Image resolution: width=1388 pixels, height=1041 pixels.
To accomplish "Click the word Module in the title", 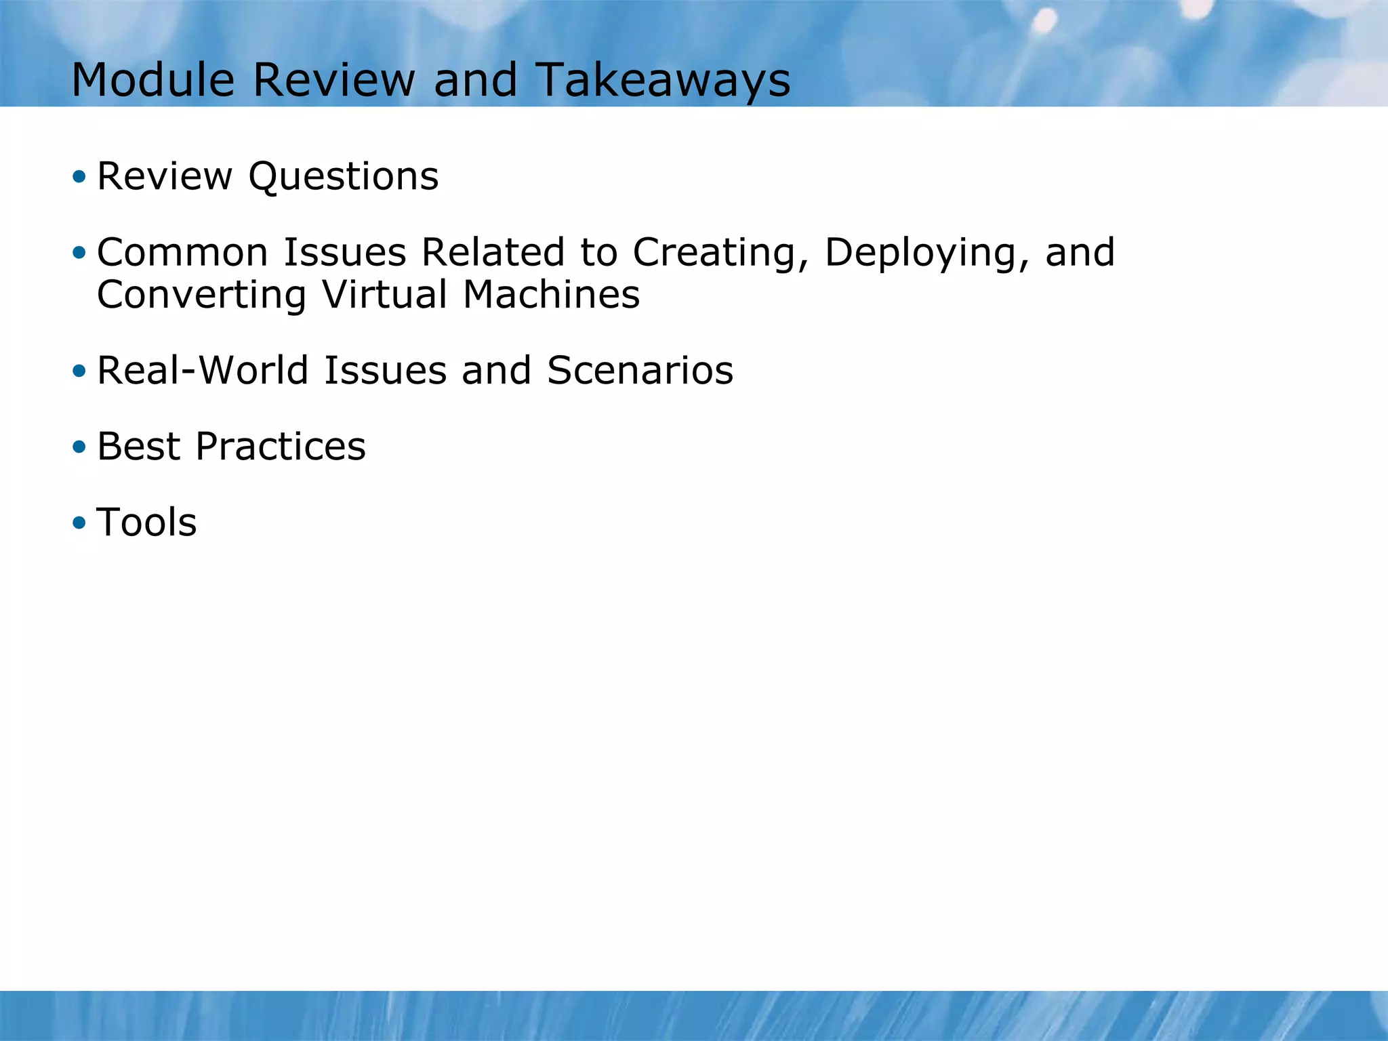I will [152, 80].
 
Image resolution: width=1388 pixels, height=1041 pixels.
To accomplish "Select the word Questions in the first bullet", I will [343, 176].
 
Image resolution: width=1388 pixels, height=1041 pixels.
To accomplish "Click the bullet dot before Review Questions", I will [79, 177].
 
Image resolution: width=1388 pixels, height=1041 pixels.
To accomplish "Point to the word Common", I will [183, 252].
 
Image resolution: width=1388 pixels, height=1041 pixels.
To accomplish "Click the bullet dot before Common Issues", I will [79, 253].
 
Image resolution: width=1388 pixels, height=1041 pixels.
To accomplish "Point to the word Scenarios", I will [640, 371].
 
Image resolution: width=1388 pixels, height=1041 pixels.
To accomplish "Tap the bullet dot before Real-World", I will [79, 371].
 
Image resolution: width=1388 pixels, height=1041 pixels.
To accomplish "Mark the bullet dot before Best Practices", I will [79, 447].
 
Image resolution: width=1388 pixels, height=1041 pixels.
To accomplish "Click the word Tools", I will [146, 523].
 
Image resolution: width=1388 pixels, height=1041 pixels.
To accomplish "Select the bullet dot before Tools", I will [79, 523].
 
